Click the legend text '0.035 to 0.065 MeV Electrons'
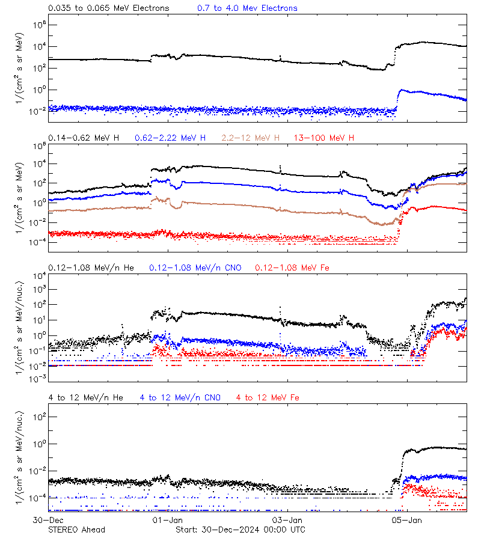click(108, 8)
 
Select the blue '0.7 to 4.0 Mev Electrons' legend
click(247, 8)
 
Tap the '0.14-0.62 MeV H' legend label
click(84, 138)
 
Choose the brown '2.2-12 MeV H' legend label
click(251, 138)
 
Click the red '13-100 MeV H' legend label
click(323, 138)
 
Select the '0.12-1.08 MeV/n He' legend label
click(94, 267)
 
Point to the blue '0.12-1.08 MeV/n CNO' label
click(195, 267)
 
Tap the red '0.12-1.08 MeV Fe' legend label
click(292, 267)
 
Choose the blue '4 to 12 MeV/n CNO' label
click(180, 397)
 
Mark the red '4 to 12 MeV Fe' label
click(268, 397)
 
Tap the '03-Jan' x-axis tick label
click(284, 519)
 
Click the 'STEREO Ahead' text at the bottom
click(76, 530)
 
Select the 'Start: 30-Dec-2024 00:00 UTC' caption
click(240, 530)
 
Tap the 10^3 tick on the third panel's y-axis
click(40, 289)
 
